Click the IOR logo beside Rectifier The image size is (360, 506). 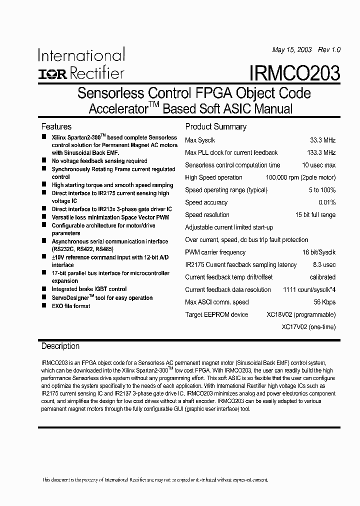pos(52,74)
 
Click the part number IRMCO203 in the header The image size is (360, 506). pos(294,73)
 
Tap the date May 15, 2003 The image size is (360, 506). pos(292,50)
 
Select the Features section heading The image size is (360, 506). pos(56,126)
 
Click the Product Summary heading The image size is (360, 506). pos(215,126)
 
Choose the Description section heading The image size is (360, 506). pos(60,346)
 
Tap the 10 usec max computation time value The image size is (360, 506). pos(318,165)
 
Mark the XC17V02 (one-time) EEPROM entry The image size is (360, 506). pos(308,326)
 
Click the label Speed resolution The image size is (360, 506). pos(207,215)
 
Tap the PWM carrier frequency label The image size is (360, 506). pos(215,252)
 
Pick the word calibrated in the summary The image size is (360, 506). pos(322,277)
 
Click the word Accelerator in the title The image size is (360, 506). pos(116,108)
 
